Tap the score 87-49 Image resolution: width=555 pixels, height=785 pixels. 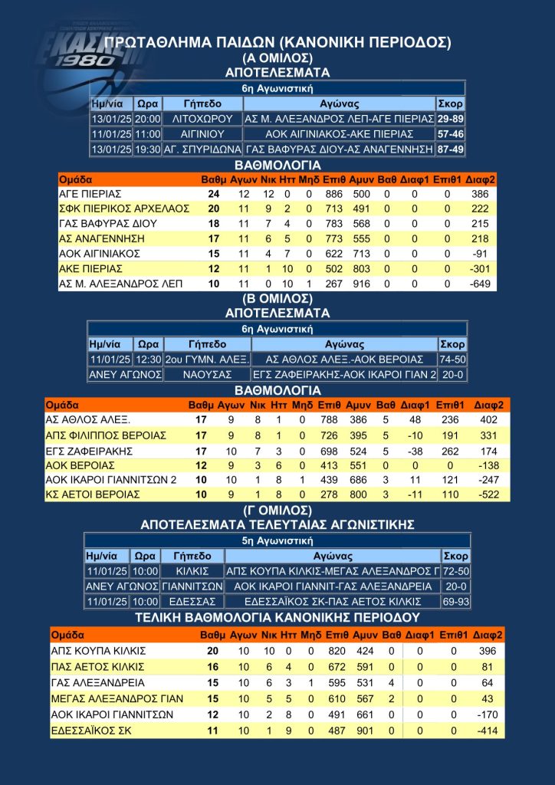point(450,149)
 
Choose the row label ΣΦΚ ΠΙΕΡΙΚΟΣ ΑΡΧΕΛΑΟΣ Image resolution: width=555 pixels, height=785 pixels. point(113,209)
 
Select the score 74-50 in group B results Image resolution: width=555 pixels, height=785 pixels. point(452,360)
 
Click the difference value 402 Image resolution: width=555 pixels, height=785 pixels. point(488,419)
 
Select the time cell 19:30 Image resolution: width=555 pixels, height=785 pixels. point(146,149)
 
